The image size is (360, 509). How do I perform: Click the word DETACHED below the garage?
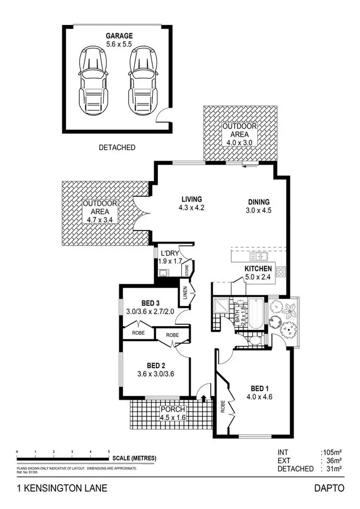pos(117,147)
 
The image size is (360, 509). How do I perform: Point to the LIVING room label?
pos(192,199)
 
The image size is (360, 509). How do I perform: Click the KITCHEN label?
pos(259,268)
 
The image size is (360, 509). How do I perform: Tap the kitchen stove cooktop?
pos(280,272)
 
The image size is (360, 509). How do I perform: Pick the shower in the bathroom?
pos(221,306)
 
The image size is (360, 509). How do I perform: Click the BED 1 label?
pos(262,389)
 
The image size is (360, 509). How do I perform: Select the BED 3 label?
pos(150,303)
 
